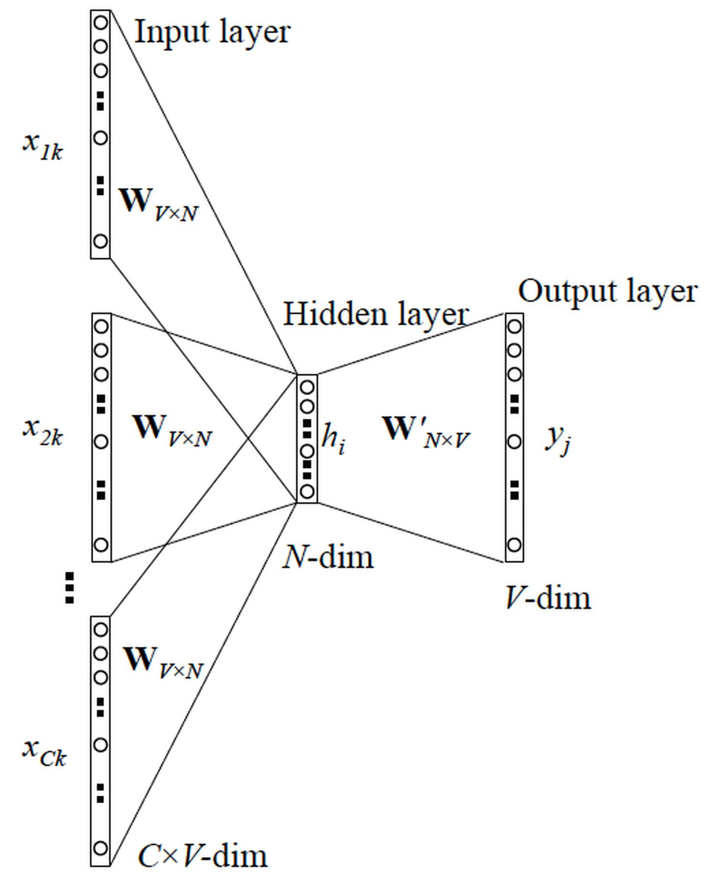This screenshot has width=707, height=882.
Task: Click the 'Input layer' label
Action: pos(212,32)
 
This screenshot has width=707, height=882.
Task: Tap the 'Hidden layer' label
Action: pos(376,314)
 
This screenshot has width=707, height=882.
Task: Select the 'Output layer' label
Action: pos(607,291)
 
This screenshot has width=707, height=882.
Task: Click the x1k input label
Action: pos(43,146)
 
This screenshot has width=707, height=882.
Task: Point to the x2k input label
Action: pos(43,431)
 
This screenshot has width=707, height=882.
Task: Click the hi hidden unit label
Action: pos(333,438)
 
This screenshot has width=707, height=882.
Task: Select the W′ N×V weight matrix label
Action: pos(426,431)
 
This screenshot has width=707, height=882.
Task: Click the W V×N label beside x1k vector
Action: pos(159,204)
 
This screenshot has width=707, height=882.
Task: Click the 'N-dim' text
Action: pos(328,558)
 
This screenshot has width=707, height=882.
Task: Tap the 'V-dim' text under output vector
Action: pos(548,599)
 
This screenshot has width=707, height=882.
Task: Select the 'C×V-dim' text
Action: pos(203,856)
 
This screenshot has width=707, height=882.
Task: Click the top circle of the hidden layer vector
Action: pos(307,387)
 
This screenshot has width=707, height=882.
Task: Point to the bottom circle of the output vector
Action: pos(514,545)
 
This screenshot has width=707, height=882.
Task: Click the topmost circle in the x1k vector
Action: pos(101,23)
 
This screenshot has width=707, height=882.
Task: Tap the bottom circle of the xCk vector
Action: pos(101,848)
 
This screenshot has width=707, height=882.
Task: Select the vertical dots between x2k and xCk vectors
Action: pos(70,587)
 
